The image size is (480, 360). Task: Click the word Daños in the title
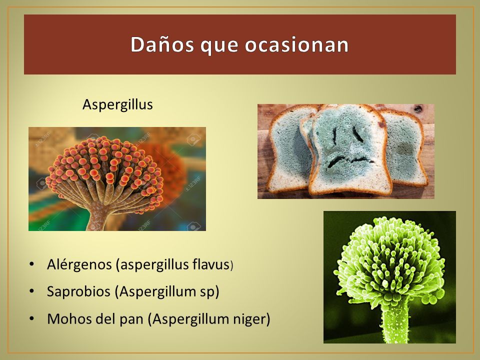162,44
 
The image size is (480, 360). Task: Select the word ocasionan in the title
296,44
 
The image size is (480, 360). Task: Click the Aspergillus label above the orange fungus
117,104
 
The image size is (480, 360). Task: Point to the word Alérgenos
79,264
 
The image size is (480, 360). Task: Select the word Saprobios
78,291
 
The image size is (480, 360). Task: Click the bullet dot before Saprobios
31,291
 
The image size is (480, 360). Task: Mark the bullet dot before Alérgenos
31,264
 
